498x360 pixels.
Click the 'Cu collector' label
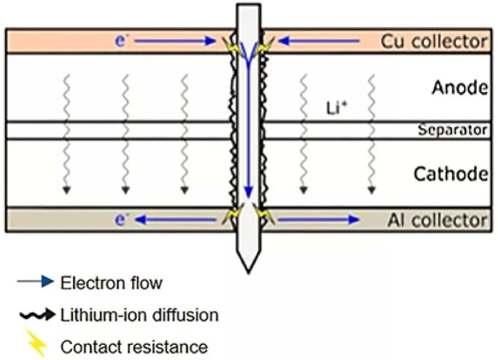tap(434, 41)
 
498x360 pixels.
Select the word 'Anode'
tap(460, 88)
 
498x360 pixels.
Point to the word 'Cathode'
tap(451, 173)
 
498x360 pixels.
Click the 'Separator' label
tap(453, 131)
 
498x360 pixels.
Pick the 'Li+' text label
tap(334, 108)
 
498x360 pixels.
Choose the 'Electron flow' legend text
tap(111, 283)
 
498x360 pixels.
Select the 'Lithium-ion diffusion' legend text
tap(139, 315)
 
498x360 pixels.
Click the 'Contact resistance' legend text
tap(134, 347)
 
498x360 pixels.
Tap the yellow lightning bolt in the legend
tap(36, 345)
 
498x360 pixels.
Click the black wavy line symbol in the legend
tap(36, 315)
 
